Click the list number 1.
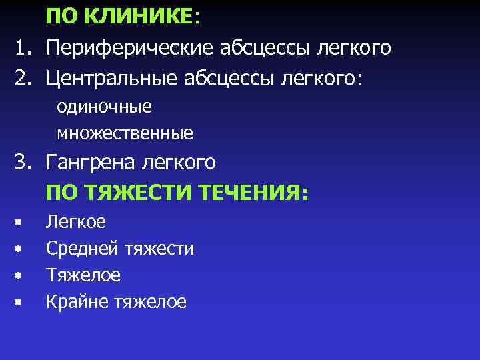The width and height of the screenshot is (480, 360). point(23,48)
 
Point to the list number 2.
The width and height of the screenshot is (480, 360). point(23,79)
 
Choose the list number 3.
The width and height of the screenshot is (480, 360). point(23,163)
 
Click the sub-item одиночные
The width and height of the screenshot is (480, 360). point(104,107)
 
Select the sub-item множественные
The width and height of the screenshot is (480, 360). point(125,133)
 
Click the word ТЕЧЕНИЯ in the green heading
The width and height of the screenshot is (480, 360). point(254,193)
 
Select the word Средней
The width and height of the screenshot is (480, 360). point(82,249)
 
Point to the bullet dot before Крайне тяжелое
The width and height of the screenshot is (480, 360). point(21,302)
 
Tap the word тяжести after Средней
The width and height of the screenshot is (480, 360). point(159,249)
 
